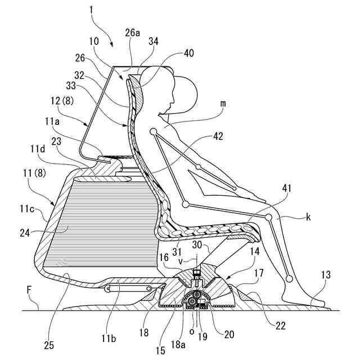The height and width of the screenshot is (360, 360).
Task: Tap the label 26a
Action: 132,33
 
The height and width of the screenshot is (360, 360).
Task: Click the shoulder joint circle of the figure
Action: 152,131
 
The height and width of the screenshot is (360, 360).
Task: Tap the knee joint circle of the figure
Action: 269,217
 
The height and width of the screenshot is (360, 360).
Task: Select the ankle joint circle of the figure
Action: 289,278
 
